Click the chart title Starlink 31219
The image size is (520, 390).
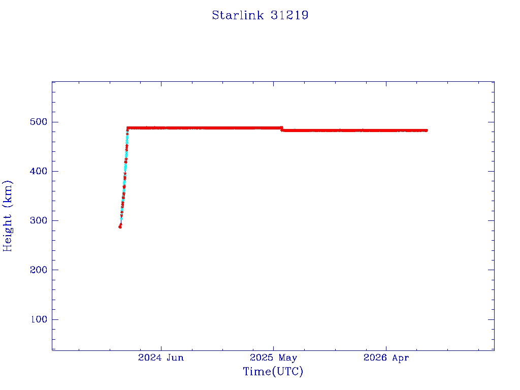[260, 15]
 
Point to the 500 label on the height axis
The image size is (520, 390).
[39, 122]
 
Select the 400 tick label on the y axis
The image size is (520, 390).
[39, 171]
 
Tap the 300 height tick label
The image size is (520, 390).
[39, 220]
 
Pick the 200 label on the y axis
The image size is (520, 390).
[39, 270]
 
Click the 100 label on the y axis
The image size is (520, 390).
[39, 319]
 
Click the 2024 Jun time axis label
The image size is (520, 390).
[161, 357]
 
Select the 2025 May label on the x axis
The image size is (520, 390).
[273, 357]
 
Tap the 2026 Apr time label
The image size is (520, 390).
[386, 357]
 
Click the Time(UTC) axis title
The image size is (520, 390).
[273, 371]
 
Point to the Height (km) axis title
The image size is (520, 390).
[7, 216]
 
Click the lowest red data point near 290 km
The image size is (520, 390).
[120, 227]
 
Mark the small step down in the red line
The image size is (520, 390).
[282, 129]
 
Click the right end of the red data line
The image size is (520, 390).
[427, 131]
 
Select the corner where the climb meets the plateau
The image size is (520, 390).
[127, 128]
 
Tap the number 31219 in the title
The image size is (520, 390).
[289, 15]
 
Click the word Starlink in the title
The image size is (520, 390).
[238, 15]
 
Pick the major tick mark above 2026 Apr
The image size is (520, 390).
[386, 347]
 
